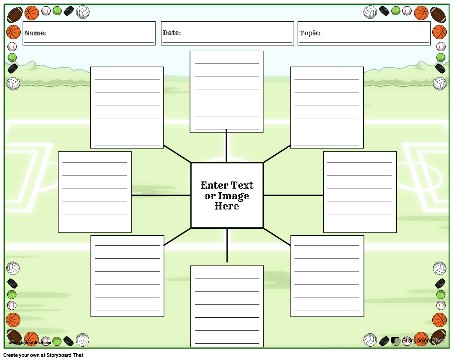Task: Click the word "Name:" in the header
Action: (35, 33)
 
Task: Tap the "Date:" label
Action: (172, 33)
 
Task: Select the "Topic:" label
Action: (310, 33)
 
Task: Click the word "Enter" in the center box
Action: (214, 185)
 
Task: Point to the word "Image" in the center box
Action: (234, 196)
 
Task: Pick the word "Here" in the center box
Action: (227, 206)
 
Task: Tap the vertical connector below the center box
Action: (227, 245)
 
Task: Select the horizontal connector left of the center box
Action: (161, 195)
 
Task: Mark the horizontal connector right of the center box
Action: (293, 195)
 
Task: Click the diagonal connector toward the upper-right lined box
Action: (277, 154)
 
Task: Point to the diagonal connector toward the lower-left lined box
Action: (177, 237)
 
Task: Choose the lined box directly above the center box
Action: (227, 92)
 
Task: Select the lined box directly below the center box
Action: (227, 306)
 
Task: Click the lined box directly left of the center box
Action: (95, 192)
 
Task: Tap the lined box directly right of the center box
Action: (360, 192)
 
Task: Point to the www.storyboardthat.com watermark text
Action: (30, 343)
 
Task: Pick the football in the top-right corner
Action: (438, 14)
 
